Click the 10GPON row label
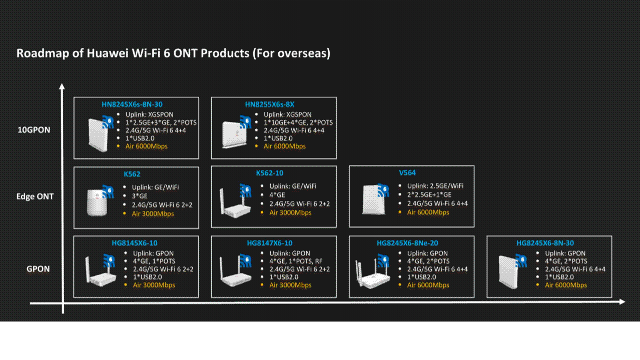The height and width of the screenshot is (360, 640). click(x=34, y=130)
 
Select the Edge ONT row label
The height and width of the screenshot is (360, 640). click(x=35, y=196)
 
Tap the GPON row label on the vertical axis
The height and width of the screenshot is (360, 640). click(x=38, y=269)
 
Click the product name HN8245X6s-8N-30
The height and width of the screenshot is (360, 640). click(x=132, y=104)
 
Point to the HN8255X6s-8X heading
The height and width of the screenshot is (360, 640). click(x=269, y=104)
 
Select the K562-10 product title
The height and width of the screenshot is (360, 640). click(x=269, y=173)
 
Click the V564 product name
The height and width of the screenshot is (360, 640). click(x=407, y=172)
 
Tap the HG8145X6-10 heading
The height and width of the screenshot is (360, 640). click(x=134, y=243)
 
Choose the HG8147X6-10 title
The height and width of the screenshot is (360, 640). click(x=269, y=243)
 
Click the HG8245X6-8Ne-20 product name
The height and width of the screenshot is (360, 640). click(x=407, y=243)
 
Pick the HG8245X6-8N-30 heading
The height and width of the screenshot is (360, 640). click(x=545, y=243)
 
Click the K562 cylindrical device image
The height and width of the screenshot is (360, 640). click(x=97, y=202)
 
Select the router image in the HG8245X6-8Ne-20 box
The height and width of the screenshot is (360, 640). click(x=372, y=274)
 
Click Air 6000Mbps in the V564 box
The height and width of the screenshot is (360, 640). click(x=428, y=212)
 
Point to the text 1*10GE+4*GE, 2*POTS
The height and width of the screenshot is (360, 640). click(x=298, y=122)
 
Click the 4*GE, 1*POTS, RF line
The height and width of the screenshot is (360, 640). click(x=296, y=261)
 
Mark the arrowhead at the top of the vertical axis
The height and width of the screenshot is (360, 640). click(x=62, y=86)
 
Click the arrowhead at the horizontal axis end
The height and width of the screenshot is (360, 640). click(x=621, y=302)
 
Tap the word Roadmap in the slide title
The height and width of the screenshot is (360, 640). click(x=43, y=53)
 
